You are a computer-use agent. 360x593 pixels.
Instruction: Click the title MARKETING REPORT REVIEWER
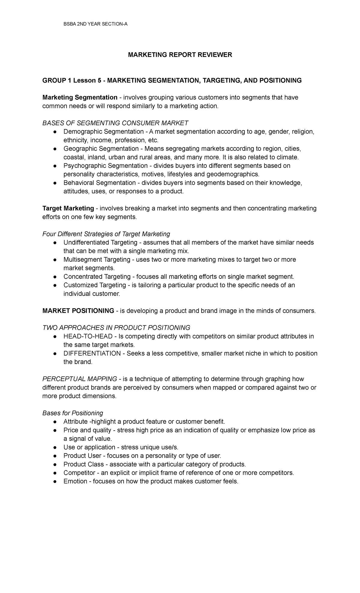click(180, 55)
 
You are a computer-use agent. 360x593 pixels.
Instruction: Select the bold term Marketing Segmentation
click(80, 98)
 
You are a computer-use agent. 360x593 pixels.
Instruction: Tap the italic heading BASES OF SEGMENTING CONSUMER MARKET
click(115, 123)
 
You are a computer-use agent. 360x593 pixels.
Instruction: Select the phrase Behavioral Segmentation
click(100, 183)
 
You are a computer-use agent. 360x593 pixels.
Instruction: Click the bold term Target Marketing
click(68, 208)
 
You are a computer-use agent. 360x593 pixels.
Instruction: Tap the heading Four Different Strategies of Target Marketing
click(106, 234)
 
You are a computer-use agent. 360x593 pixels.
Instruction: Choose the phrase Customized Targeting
click(95, 285)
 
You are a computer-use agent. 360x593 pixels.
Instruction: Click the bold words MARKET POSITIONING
click(78, 311)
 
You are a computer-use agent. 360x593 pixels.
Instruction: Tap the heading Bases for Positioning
click(73, 413)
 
